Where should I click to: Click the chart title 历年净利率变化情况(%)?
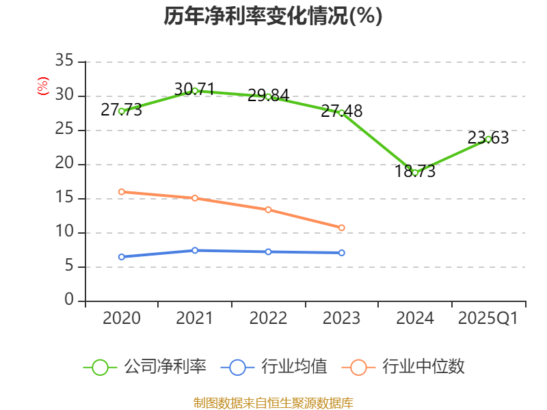pos(273,16)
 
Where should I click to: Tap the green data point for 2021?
pos(195,90)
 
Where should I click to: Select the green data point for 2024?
pos(415,173)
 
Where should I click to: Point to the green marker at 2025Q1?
pos(488,139)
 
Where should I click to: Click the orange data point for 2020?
pos(122,192)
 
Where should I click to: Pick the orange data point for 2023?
pos(342,228)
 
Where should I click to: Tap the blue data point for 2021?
pos(195,250)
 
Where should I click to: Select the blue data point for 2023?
pos(342,253)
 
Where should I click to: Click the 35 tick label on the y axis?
pos(64,61)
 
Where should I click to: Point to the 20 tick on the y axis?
pos(64,164)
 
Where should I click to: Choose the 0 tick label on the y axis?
pos(69,301)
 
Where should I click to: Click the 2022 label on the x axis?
pos(268,318)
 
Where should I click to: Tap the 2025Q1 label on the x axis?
pos(488,318)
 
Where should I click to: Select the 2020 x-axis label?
pos(122,318)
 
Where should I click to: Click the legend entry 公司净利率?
pos(145,367)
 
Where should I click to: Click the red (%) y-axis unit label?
pos(43,86)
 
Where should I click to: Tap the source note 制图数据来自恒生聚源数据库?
pos(273,402)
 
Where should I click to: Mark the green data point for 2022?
pos(268,96)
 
